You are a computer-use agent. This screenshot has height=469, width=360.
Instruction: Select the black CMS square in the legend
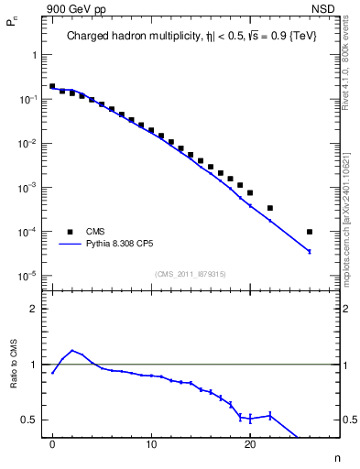[68, 232]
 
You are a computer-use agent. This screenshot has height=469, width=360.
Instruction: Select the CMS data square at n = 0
[52, 86]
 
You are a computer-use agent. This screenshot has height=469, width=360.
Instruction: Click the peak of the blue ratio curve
[72, 350]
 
